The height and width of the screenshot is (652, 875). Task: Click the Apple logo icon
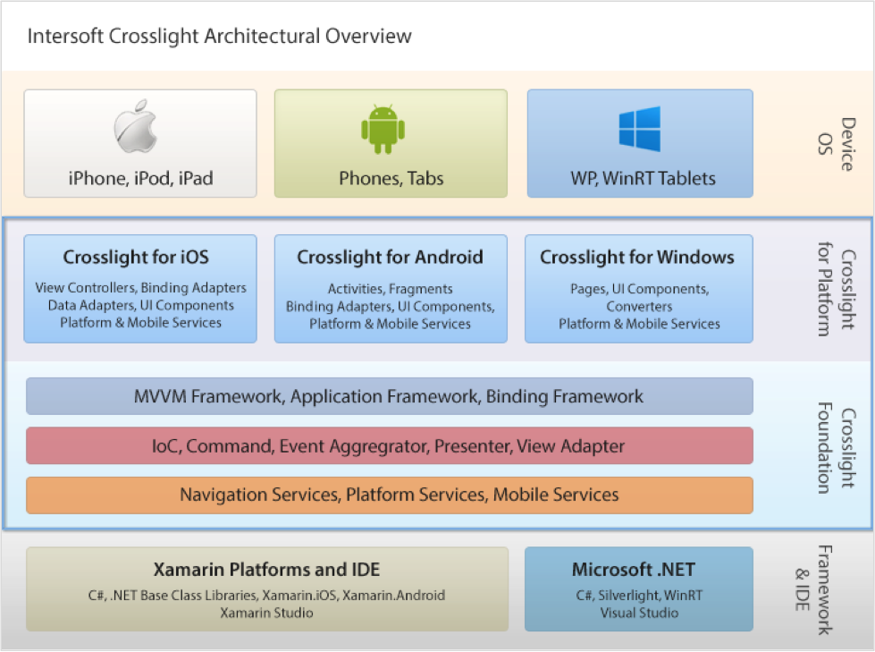(x=136, y=126)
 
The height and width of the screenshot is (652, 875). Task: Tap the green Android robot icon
(x=383, y=129)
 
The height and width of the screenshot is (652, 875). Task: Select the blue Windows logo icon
(x=640, y=129)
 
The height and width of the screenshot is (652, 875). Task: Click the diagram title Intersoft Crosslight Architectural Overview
(x=219, y=37)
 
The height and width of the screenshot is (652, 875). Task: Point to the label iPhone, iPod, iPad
(x=140, y=178)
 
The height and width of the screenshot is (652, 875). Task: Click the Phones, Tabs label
(x=391, y=178)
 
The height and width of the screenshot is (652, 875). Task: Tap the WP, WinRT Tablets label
(x=643, y=178)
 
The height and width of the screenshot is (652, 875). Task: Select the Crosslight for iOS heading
(x=136, y=257)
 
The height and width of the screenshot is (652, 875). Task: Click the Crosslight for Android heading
(x=390, y=257)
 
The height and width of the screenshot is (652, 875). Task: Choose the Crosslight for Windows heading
(x=637, y=257)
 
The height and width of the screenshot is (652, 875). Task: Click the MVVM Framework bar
(x=390, y=396)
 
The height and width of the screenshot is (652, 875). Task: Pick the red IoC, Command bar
(x=390, y=445)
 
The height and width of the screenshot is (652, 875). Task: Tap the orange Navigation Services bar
(x=390, y=495)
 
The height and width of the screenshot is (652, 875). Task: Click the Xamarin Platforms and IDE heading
(x=266, y=570)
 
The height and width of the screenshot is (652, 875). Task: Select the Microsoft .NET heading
(x=634, y=570)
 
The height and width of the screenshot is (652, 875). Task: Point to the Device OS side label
(x=837, y=144)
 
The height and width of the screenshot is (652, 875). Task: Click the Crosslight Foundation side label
(x=837, y=448)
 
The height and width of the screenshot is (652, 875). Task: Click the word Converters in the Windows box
(x=640, y=307)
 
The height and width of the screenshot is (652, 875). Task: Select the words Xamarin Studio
(x=266, y=613)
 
